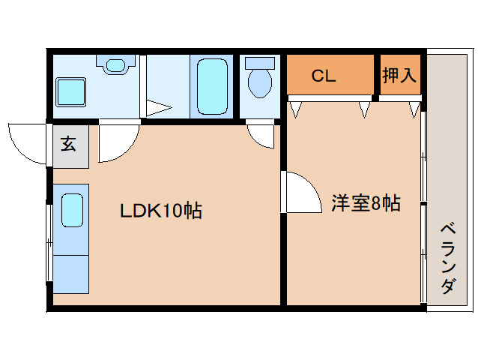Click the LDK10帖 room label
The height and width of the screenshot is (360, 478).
[x=161, y=211]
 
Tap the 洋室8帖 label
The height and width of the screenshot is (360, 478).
[x=365, y=203]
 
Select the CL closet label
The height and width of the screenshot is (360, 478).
[x=324, y=76]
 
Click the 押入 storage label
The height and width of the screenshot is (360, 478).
[x=399, y=75]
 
